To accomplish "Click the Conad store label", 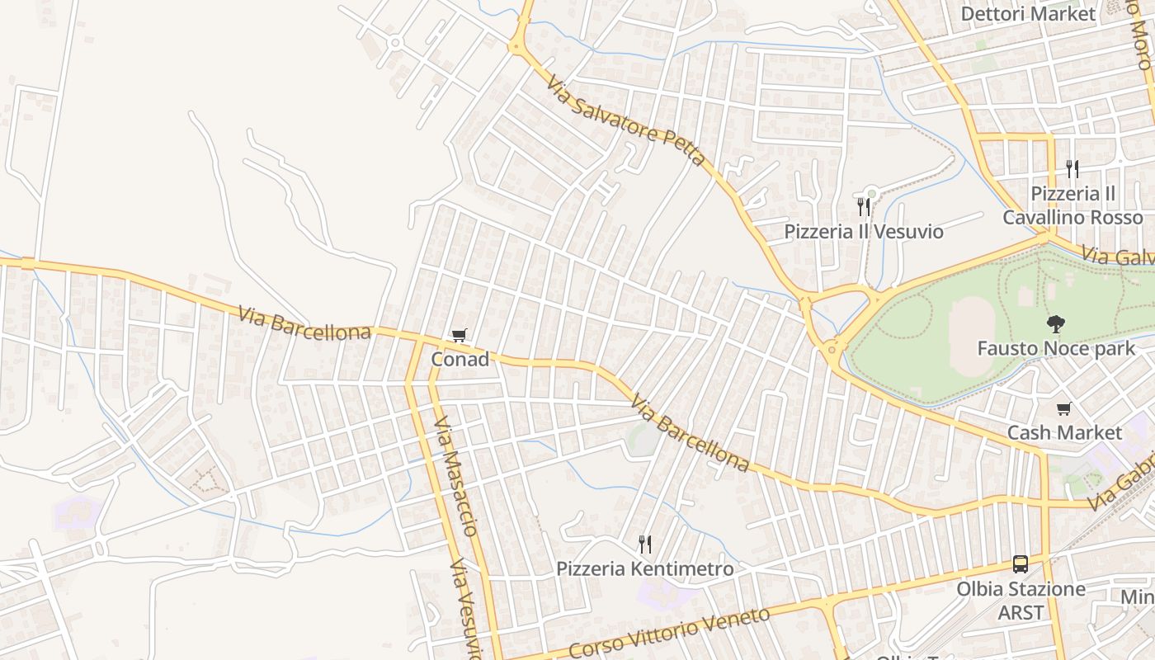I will pos(460,359).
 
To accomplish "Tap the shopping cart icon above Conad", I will pos(460,336).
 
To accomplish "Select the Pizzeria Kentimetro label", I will pos(644,568).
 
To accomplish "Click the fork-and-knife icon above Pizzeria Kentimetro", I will pos(645,544).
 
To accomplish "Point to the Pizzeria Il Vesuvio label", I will pos(864,231).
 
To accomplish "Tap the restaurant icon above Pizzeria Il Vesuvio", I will pos(864,206).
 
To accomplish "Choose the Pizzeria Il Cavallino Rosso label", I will pos(1072,205).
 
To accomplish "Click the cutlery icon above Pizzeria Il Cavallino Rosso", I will pos(1072,169).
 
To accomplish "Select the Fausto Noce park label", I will pos(1056,348).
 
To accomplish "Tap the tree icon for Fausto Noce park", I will pos(1054,324).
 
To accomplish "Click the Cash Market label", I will pos(1064,432).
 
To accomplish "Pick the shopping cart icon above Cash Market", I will pos(1064,409).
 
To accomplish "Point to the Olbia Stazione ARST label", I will pos(1021,601).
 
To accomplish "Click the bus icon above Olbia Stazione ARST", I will pos(1021,564).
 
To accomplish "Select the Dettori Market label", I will pos(1028,13).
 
